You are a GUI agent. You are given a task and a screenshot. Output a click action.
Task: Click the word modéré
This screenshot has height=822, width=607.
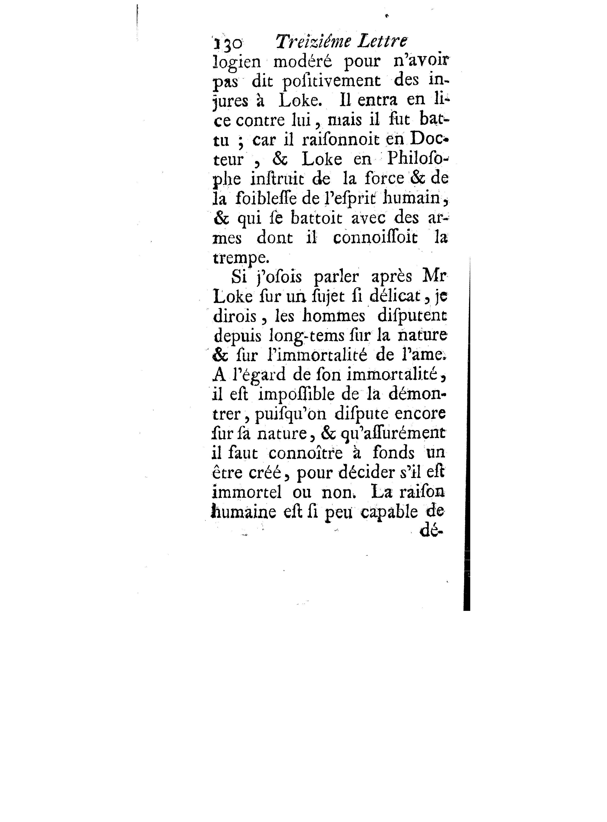[x=302, y=61]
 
